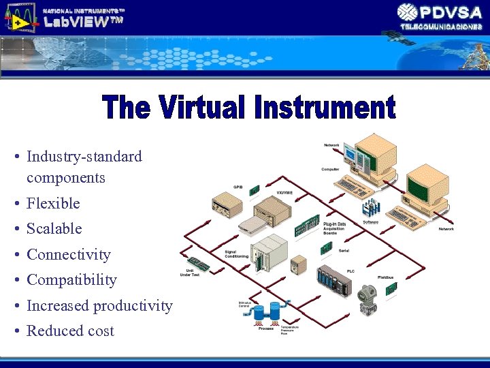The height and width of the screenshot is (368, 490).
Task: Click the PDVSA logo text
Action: [450, 12]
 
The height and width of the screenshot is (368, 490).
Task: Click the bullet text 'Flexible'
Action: [53, 203]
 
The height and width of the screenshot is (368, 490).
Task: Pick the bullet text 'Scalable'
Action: [54, 228]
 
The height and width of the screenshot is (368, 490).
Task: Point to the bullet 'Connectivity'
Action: [68, 254]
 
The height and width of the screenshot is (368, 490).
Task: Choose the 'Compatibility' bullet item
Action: [71, 279]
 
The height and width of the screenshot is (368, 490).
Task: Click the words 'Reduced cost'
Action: [70, 331]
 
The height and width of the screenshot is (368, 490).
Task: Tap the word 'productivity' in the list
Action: [133, 305]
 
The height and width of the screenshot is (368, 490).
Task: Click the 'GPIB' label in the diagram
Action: [239, 186]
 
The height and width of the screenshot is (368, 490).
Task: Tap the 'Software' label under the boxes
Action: [370, 221]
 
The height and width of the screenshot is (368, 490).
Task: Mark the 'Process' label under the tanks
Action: [266, 328]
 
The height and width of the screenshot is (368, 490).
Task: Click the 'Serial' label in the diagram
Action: [344, 250]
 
